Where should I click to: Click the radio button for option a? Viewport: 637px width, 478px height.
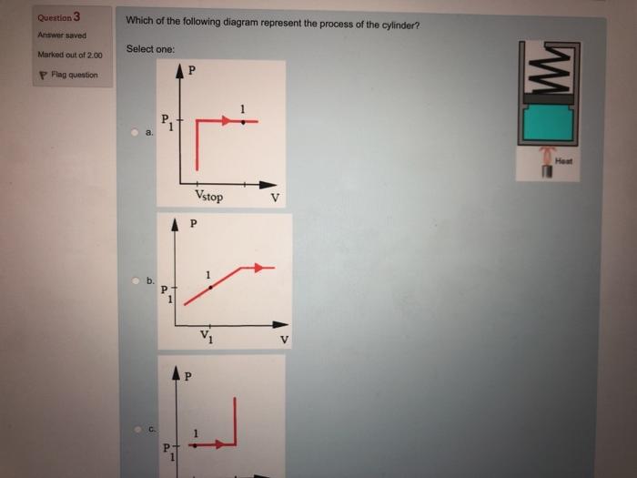(135, 133)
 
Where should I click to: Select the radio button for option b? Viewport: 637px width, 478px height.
(135, 281)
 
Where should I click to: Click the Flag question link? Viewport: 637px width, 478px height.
(73, 75)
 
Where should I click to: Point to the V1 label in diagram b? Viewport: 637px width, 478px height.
(207, 338)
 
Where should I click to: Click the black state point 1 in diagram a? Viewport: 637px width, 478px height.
(242, 121)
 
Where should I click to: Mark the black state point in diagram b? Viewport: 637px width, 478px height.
(210, 286)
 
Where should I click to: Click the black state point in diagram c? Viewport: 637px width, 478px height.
(193, 445)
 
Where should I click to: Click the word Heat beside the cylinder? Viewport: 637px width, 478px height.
(565, 159)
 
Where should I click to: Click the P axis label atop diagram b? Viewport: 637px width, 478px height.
(192, 223)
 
